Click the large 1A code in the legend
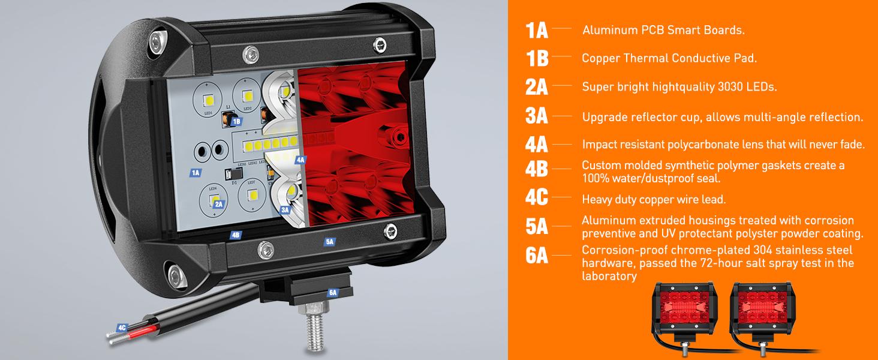click(537, 30)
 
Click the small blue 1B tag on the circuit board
click(236, 121)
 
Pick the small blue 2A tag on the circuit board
click(218, 205)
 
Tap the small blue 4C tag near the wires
click(122, 328)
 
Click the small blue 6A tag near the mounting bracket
click(333, 293)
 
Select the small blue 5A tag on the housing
click(329, 242)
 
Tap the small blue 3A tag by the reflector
click(285, 210)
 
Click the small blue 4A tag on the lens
click(300, 160)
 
